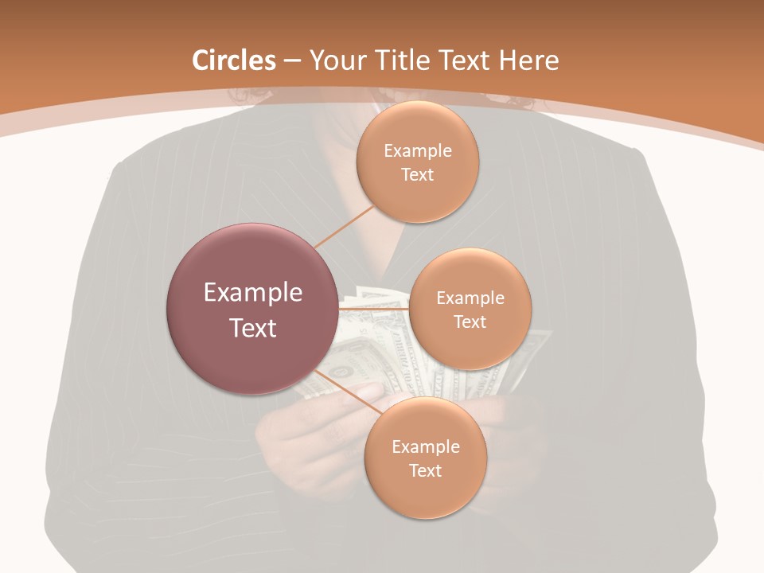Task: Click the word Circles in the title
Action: coord(234,60)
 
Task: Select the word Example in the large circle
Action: coord(252,293)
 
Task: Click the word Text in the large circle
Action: coord(252,328)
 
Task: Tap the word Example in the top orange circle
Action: coord(417,151)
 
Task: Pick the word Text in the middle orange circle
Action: coord(470,322)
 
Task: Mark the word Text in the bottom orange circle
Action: coord(425,471)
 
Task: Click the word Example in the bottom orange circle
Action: coord(425,447)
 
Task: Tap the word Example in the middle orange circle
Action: coord(470,298)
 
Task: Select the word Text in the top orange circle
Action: coord(417,175)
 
